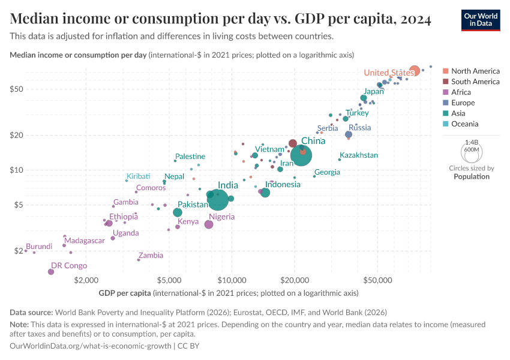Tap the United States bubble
point(414,71)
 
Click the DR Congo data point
point(51,272)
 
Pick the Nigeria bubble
point(209,224)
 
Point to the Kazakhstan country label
point(359,155)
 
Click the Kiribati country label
point(138,176)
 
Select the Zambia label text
point(151,255)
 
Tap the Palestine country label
point(190,157)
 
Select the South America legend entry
point(475,82)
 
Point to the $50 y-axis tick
point(16,89)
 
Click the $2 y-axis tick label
point(18,251)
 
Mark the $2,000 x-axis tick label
point(86,280)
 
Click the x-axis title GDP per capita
point(125,293)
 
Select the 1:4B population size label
point(471,142)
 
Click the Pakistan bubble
point(178,212)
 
